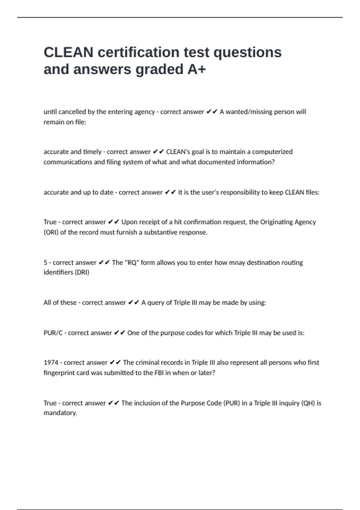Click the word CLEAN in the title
tap(68, 52)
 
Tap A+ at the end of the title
tap(196, 69)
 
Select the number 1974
tap(51, 362)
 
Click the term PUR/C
tap(53, 333)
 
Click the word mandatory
tap(60, 413)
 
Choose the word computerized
tap(272, 152)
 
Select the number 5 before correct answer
tap(45, 262)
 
